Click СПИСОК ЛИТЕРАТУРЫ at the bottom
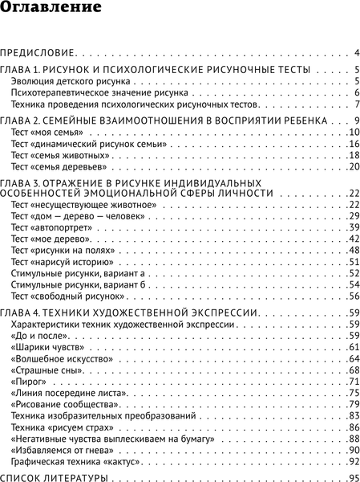click(x=54, y=478)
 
